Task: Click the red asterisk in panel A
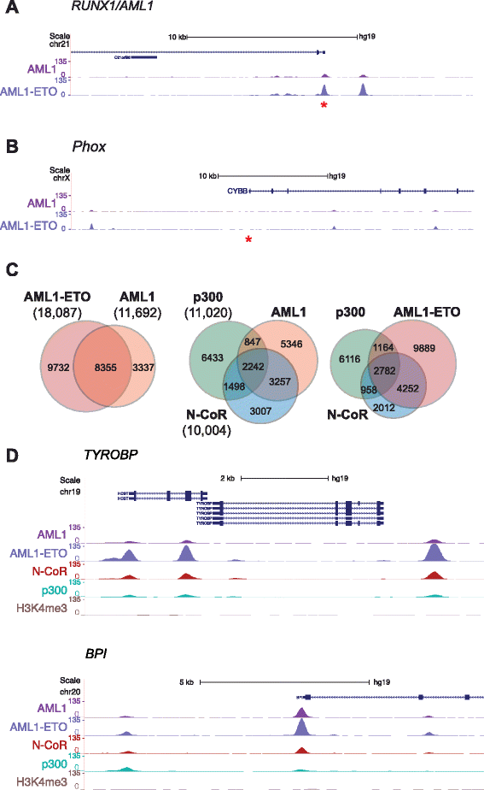(324, 104)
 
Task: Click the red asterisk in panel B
(248, 239)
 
